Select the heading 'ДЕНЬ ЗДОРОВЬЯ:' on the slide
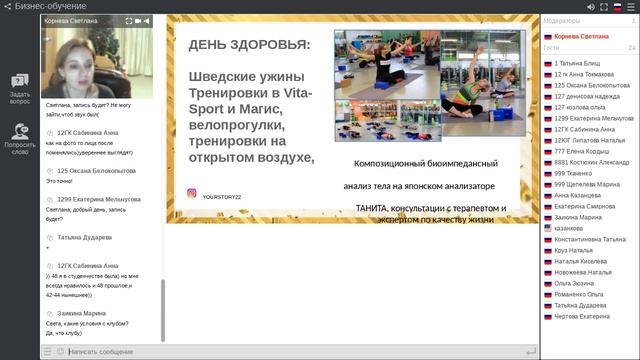[249, 45]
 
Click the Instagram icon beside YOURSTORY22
[191, 195]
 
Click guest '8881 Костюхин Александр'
[591, 162]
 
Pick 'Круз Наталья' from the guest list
[574, 250]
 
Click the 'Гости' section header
[552, 47]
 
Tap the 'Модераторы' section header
[562, 20]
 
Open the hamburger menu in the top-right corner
[630, 6]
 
